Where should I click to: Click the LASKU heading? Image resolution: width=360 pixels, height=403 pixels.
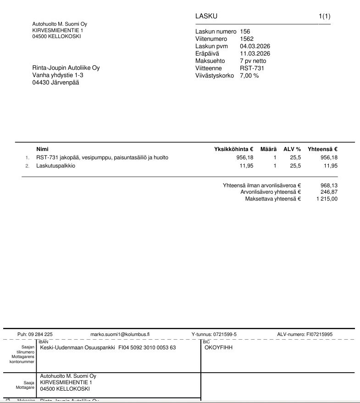[x=206, y=17]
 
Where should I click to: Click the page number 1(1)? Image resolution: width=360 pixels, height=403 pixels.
[x=324, y=17]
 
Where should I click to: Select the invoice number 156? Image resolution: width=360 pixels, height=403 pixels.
[x=245, y=32]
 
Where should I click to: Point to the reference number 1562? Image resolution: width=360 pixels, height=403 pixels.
[x=247, y=39]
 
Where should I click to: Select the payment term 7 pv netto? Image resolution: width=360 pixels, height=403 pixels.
[x=253, y=61]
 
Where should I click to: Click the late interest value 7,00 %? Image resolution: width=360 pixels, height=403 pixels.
[x=249, y=76]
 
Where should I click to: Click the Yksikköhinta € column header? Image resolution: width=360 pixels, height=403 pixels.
[x=233, y=149]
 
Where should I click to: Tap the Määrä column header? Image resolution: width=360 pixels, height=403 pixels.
[x=268, y=149]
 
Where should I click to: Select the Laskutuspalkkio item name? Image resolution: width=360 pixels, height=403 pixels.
[x=55, y=166]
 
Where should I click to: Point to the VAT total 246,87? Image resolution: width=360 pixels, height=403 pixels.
[x=329, y=192]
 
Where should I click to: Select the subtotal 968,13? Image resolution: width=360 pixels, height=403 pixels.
[x=329, y=185]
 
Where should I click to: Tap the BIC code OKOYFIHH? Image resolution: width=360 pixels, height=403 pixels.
[x=218, y=347]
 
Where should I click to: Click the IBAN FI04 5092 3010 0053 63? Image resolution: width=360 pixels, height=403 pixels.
[x=147, y=347]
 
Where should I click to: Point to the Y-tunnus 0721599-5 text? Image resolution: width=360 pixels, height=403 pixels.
[x=214, y=335]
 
